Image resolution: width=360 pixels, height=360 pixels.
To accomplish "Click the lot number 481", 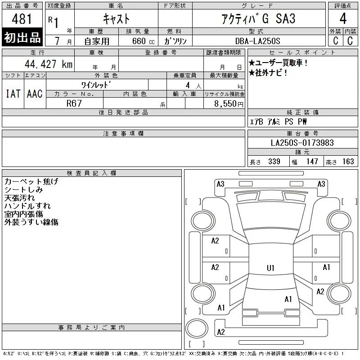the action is [x=22, y=19].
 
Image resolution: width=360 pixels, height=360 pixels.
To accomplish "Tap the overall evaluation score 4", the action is [x=343, y=18].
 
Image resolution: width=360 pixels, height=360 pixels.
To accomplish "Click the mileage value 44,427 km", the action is [x=49, y=64].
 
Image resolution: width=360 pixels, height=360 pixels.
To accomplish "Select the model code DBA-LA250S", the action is [x=257, y=41].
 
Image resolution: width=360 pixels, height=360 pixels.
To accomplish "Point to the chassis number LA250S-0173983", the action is [x=302, y=143].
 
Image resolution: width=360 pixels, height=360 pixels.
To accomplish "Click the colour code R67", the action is [x=74, y=103].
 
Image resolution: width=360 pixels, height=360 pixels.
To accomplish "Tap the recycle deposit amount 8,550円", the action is [x=229, y=103].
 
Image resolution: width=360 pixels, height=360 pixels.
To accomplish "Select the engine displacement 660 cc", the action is [x=143, y=41].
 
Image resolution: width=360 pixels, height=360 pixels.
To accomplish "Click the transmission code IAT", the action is [x=13, y=94].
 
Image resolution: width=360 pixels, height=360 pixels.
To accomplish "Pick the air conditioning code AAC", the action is [x=35, y=94].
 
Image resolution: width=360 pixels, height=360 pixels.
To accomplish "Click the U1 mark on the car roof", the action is [x=270, y=268].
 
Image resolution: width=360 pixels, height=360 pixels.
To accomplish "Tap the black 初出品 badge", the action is [x=22, y=37].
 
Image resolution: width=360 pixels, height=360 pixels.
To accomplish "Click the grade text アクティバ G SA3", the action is [x=258, y=19].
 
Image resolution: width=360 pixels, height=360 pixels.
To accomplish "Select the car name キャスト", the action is [x=116, y=19].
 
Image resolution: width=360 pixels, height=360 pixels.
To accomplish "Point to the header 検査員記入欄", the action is [x=91, y=173].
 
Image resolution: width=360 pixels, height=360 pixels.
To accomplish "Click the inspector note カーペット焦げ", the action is [x=31, y=181].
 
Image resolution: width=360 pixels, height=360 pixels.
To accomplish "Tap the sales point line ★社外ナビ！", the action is [x=268, y=73].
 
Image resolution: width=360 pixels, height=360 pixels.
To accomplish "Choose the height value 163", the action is [x=348, y=162].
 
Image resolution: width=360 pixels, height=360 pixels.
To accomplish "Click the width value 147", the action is [x=312, y=162].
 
